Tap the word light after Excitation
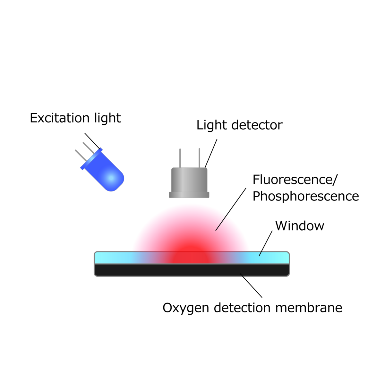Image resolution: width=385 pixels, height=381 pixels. coord(107,119)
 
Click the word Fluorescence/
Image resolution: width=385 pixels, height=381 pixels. coord(295,180)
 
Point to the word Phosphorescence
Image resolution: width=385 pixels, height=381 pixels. coord(305,196)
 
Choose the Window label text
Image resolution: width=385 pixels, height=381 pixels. coord(300,226)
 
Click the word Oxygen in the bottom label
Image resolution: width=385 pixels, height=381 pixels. coord(186,308)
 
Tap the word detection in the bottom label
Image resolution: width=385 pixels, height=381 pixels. coord(243,308)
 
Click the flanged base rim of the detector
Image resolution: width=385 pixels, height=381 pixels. coord(189,195)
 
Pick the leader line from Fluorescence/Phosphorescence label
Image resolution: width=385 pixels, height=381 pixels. coord(231,209)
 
